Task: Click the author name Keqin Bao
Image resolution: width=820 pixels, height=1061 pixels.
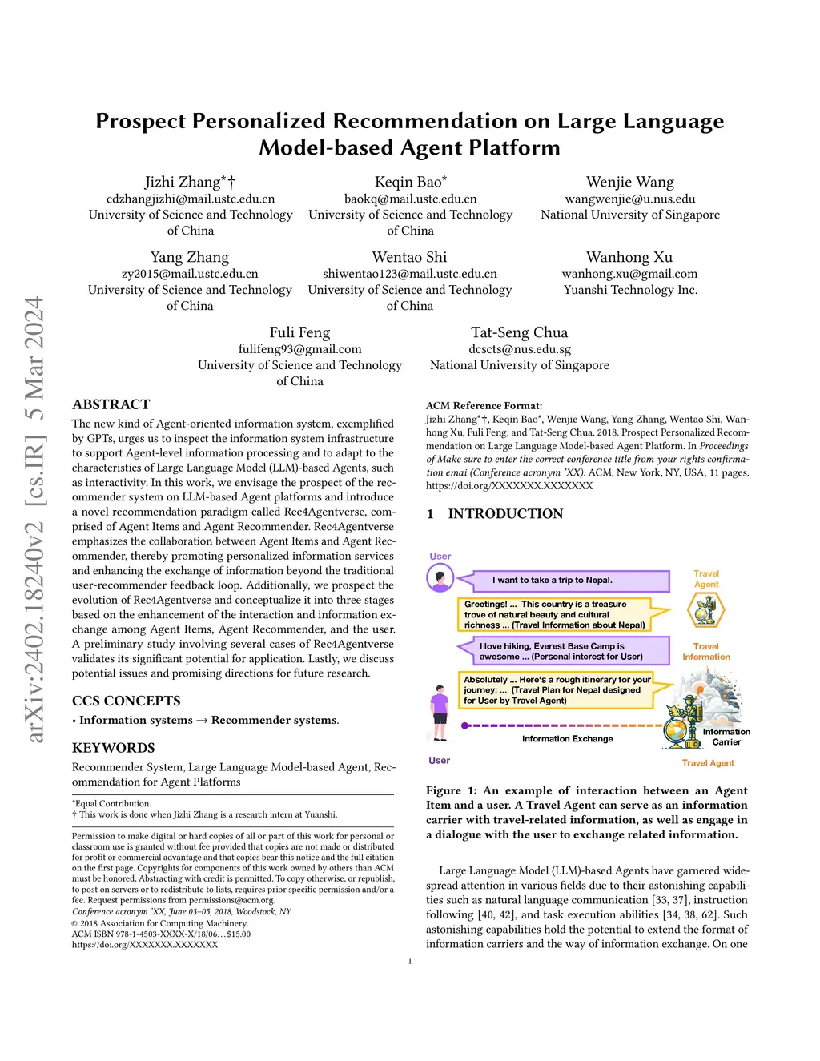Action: coord(409,183)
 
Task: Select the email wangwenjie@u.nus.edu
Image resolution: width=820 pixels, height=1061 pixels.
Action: coord(630,199)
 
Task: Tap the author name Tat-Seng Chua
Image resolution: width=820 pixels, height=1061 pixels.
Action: coord(519,332)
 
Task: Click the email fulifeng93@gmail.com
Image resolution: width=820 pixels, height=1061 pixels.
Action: coord(299,349)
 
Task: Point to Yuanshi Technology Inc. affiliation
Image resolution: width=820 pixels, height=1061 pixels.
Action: coord(630,290)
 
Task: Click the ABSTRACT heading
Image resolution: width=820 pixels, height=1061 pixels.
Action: coord(111,404)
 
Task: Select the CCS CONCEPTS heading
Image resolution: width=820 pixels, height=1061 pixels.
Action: coord(126,701)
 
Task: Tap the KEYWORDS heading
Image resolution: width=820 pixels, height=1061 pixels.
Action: coord(113,748)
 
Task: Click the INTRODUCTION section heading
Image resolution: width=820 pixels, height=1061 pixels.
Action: coord(504,514)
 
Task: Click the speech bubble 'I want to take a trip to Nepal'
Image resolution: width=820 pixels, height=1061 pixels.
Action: coord(563,580)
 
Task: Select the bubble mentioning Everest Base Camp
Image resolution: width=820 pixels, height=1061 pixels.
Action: coord(563,651)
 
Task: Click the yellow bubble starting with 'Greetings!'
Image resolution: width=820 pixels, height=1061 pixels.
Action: coord(555,614)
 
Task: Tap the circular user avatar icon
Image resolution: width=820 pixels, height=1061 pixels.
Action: coord(440,577)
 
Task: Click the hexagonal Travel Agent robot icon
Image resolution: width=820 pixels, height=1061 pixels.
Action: coord(705,610)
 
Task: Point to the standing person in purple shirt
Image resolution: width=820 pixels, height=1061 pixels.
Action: coord(439,713)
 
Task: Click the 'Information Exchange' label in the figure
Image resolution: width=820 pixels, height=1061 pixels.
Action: coord(567,739)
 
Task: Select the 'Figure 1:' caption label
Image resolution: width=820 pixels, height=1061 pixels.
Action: coord(451,790)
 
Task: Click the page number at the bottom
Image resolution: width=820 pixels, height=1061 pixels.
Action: coord(410,961)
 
